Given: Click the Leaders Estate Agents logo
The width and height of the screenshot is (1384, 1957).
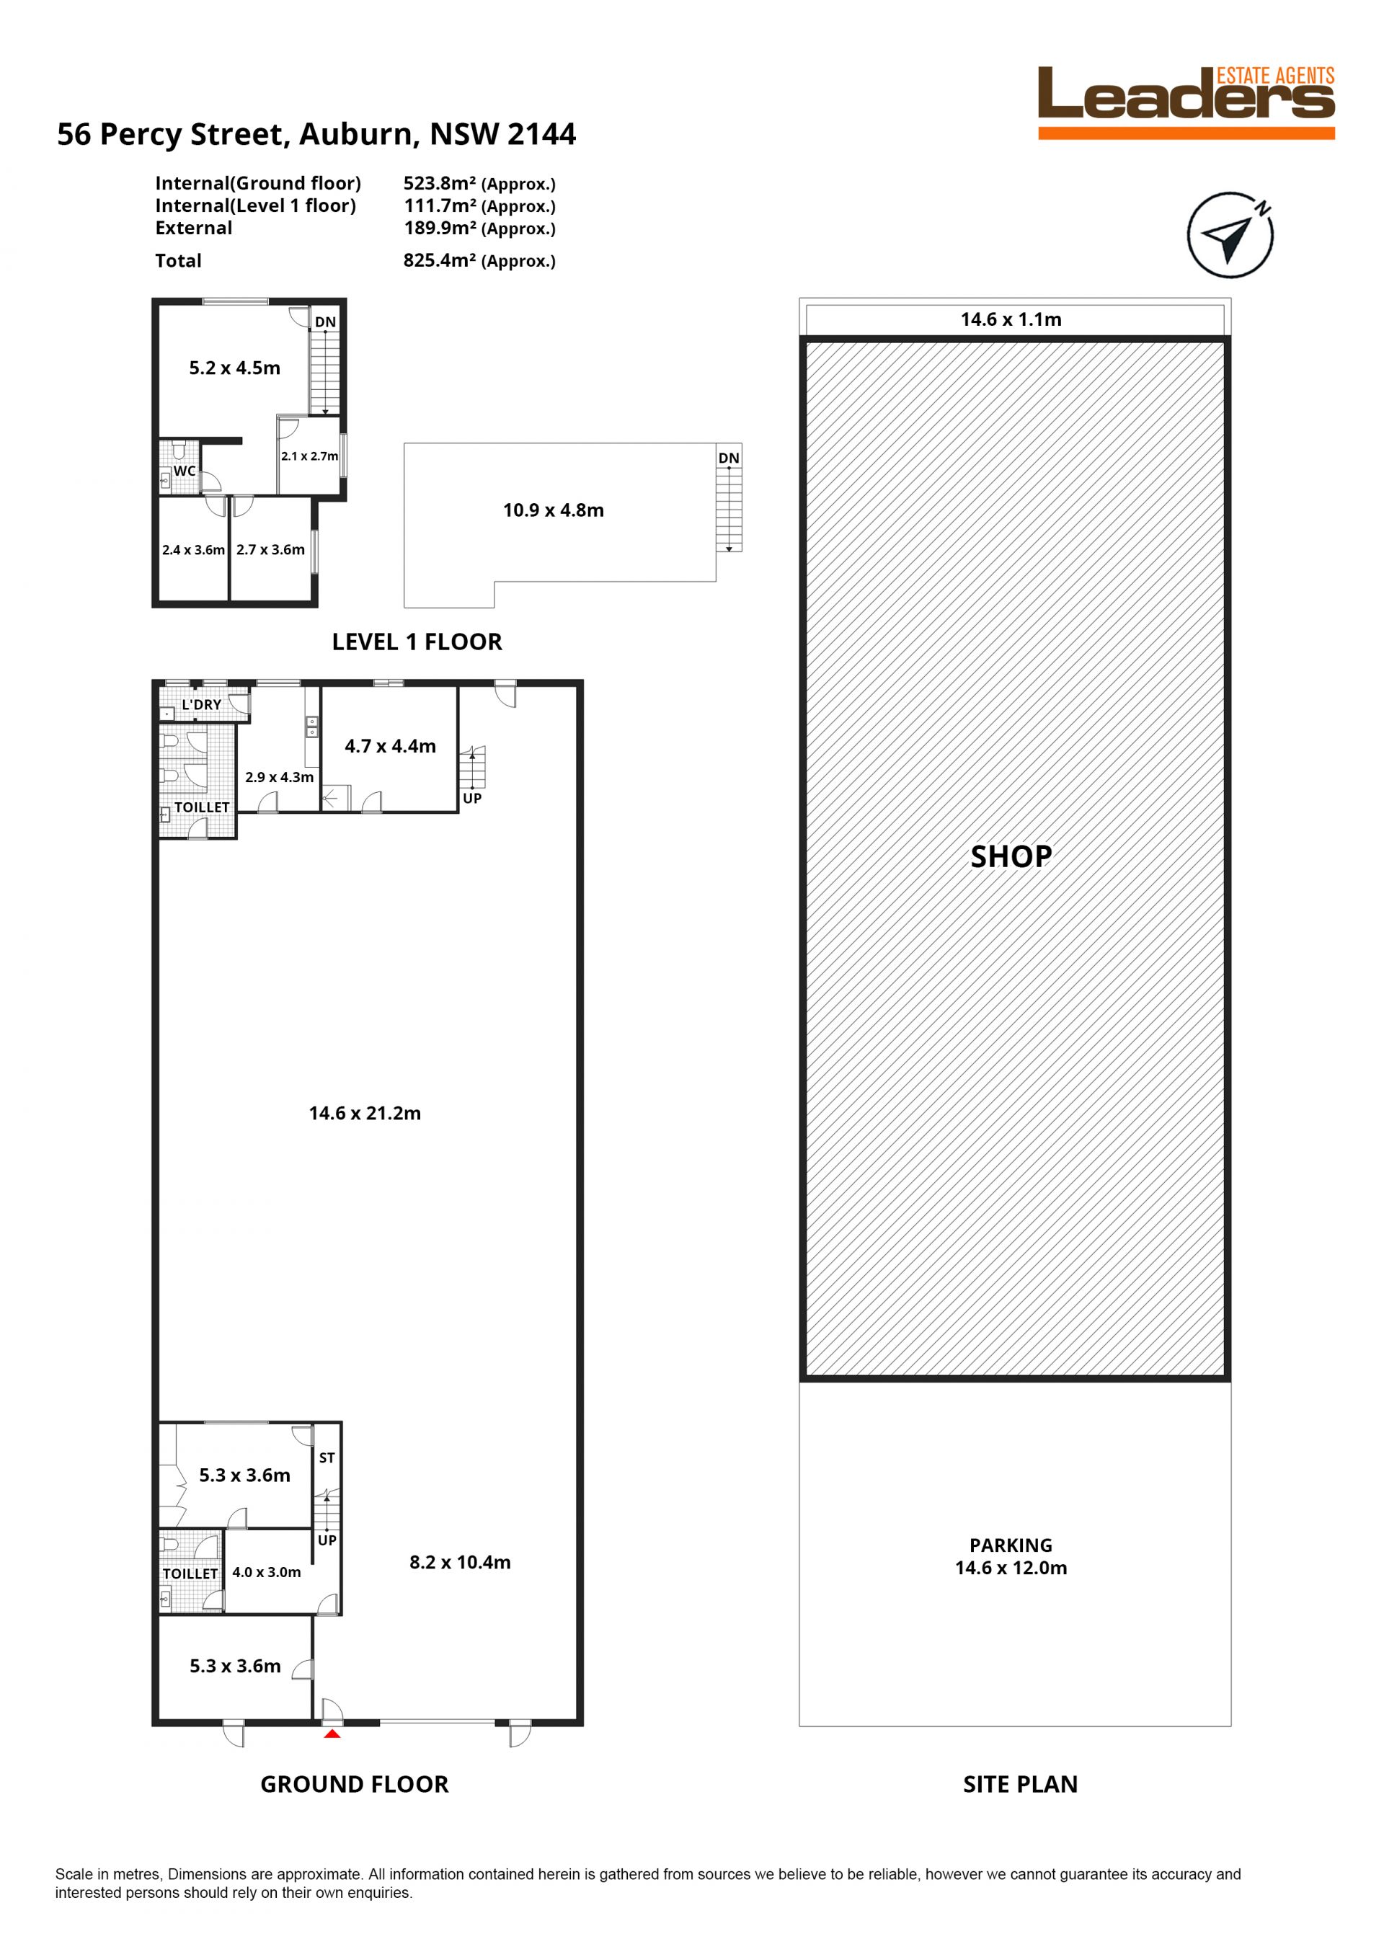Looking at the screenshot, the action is point(1186,102).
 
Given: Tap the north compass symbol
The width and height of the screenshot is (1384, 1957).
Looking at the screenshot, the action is point(1230,234).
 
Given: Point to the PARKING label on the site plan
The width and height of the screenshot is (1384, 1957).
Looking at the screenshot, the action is point(1011,1545).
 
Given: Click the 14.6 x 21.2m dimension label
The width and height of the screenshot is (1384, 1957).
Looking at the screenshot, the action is point(365,1113).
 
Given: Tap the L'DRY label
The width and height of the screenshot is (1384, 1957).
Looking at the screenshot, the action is point(201,705).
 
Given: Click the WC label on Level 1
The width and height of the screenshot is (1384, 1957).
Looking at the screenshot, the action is point(184,471).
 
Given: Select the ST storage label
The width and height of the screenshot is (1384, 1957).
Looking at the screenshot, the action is point(327,1458).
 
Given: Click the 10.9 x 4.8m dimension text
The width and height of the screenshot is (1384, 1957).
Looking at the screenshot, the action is point(553,510).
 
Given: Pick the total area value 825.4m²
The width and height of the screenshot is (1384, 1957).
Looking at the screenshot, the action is point(439,260).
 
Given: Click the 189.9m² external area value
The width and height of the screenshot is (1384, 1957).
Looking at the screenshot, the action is point(440,228).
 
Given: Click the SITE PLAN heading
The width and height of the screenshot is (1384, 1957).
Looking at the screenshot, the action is point(1020,1784).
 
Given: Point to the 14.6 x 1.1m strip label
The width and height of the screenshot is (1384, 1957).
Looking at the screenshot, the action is point(1011,319).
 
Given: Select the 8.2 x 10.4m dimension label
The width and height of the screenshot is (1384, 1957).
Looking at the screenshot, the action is point(460,1563).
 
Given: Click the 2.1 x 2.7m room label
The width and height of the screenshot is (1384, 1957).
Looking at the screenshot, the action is point(309,456).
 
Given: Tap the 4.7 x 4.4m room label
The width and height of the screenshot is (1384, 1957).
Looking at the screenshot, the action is point(390,746).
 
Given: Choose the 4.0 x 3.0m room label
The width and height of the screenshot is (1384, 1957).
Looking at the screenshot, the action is point(267,1572).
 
